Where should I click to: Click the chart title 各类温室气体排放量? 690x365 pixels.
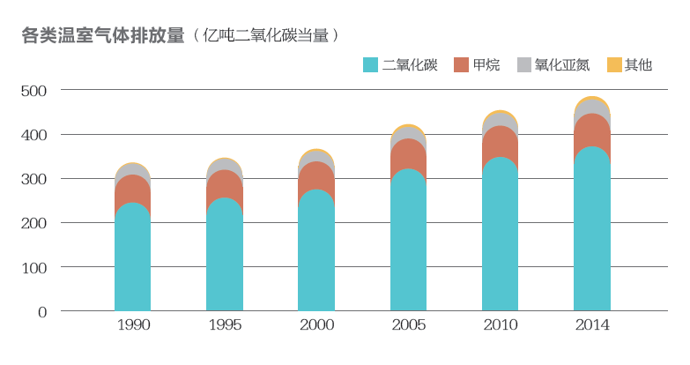[102, 35]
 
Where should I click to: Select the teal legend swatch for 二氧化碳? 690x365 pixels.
[370, 64]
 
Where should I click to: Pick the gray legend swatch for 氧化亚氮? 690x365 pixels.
[524, 64]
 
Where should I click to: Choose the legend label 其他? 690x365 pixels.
[638, 64]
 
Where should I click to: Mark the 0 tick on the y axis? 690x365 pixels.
[41, 311]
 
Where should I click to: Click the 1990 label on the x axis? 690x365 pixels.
[133, 325]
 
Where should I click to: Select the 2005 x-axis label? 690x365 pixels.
[408, 325]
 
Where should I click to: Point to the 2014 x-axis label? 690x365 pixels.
[592, 325]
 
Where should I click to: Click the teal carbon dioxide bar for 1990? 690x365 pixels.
[133, 264]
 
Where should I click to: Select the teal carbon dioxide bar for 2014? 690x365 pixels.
[592, 238]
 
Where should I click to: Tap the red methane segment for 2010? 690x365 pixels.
[501, 142]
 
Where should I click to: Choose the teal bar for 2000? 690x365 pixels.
[316, 256]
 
